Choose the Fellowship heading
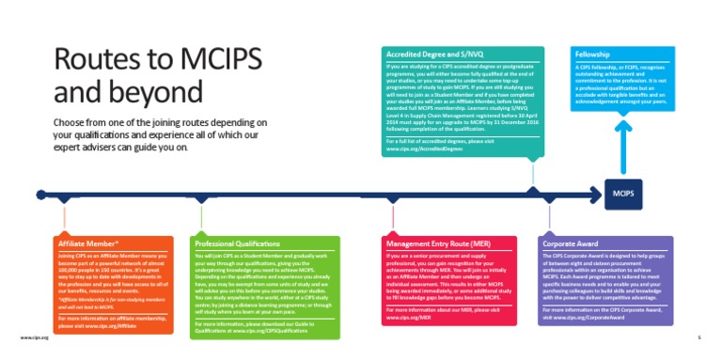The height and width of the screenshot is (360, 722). click(595, 55)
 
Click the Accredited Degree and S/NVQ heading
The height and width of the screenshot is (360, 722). click(429, 55)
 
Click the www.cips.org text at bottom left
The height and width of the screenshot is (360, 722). click(34, 336)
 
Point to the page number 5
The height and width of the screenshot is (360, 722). click(698, 336)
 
